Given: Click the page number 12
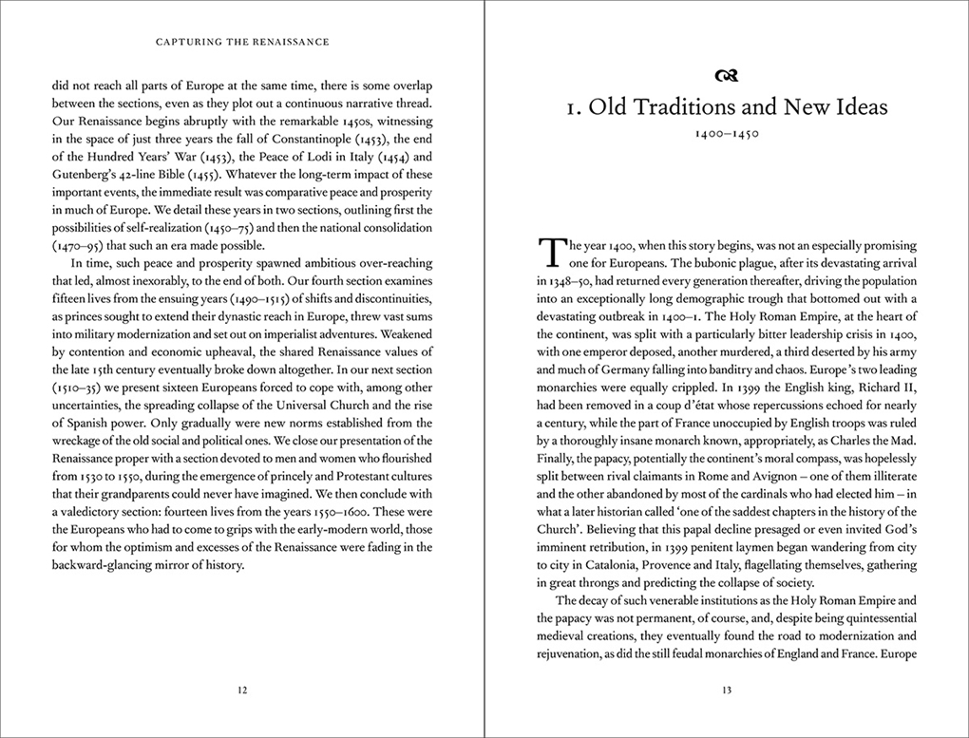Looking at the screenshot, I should click(x=242, y=691).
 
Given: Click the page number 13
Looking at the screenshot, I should click(x=727, y=691).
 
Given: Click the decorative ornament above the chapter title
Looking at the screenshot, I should click(x=727, y=76).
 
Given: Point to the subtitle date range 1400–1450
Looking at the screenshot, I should click(x=727, y=135).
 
